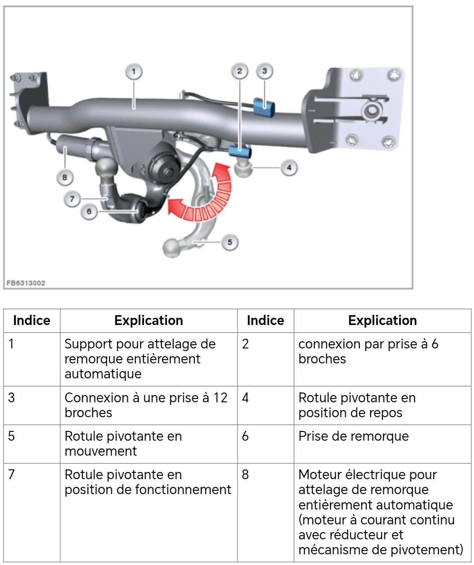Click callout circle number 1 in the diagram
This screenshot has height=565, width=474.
(134, 71)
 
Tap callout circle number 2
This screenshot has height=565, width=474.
(239, 71)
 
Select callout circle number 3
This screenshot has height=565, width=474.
(265, 71)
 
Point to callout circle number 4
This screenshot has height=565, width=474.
(289, 168)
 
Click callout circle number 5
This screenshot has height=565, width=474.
(230, 243)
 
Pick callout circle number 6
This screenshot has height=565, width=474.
(89, 212)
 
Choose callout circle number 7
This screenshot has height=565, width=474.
(72, 199)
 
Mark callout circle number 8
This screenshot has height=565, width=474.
(65, 177)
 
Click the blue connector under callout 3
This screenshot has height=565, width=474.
(264, 106)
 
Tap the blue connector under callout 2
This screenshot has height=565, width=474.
(240, 151)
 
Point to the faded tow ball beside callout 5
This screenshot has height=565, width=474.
(173, 248)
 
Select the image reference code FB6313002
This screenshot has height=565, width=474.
(26, 283)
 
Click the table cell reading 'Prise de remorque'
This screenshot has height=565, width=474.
(353, 436)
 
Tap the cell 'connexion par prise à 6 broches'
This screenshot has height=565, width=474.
(368, 351)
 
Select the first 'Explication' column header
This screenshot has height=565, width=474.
(148, 320)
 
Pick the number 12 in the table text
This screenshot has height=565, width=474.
(220, 398)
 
